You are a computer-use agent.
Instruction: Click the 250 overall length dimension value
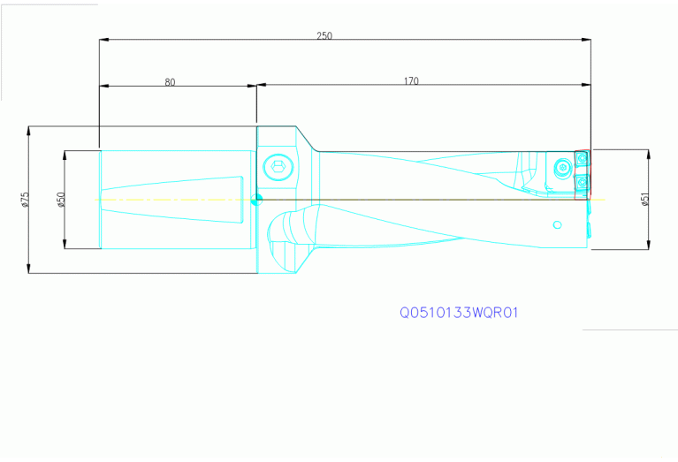pyautogui.click(x=324, y=36)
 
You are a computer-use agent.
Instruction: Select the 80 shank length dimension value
pyautogui.click(x=170, y=82)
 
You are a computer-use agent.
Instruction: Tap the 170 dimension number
pyautogui.click(x=411, y=82)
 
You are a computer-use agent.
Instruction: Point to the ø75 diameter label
pyautogui.click(x=26, y=200)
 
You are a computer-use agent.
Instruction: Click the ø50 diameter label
pyautogui.click(x=61, y=200)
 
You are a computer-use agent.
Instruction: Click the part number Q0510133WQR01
pyautogui.click(x=457, y=313)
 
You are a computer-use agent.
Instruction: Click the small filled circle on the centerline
pyautogui.click(x=257, y=199)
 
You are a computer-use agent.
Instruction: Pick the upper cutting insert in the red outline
pyautogui.click(x=581, y=159)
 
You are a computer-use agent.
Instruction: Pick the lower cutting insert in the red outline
pyautogui.click(x=581, y=183)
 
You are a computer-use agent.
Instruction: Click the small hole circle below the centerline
pyautogui.click(x=557, y=224)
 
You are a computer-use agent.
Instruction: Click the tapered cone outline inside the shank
pyautogui.click(x=177, y=199)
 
